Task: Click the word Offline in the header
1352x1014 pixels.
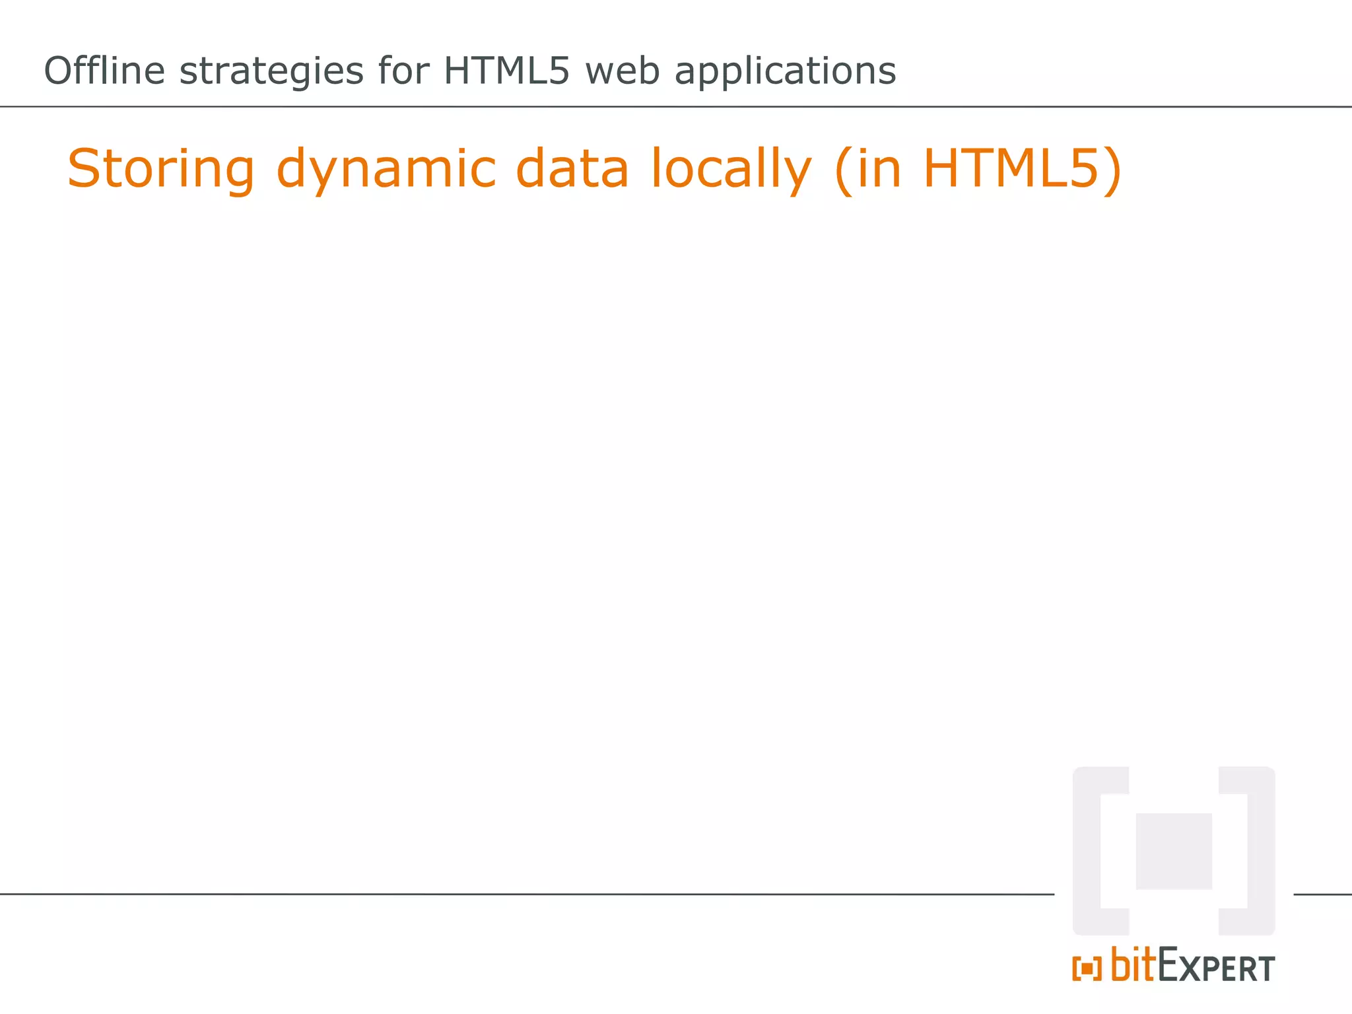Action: [104, 71]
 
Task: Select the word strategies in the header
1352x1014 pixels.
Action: [271, 72]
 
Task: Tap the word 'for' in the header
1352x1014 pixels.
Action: [403, 71]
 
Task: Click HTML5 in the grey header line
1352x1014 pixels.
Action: [506, 71]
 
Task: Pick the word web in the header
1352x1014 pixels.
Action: [623, 71]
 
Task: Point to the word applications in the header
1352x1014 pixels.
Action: [785, 72]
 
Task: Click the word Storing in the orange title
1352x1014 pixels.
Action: [161, 170]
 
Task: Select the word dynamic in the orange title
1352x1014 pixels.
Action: [386, 170]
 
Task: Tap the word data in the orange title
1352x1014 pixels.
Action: [572, 168]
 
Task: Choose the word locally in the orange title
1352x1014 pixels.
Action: [731, 170]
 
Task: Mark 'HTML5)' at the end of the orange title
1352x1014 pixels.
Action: [1022, 170]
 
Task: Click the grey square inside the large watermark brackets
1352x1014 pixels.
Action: [1174, 851]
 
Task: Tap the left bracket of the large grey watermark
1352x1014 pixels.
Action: [1089, 851]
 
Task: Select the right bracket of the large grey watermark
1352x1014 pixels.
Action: [1260, 851]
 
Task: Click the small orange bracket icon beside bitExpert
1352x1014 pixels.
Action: [1087, 969]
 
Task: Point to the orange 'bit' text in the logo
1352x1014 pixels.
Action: [1133, 965]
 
